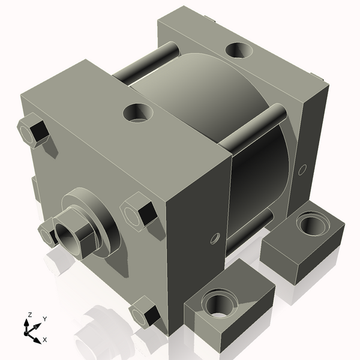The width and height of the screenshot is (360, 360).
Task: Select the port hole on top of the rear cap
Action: pyautogui.click(x=239, y=50)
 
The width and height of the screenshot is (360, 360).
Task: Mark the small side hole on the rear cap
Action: pyautogui.click(x=302, y=169)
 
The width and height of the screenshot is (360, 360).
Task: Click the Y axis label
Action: pyautogui.click(x=45, y=319)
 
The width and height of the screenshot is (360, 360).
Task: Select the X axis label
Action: pyautogui.click(x=44, y=340)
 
